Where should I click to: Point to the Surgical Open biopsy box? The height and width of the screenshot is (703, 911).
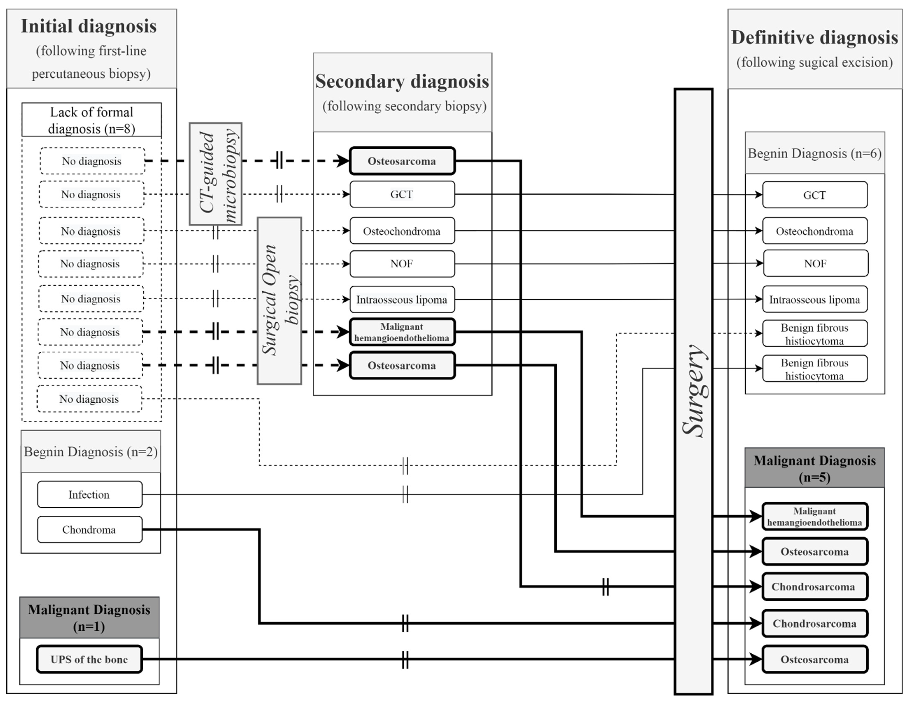pyautogui.click(x=279, y=300)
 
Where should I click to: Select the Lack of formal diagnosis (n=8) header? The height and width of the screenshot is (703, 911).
pyautogui.click(x=91, y=120)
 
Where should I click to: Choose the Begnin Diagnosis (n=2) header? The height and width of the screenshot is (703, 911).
pyautogui.click(x=91, y=452)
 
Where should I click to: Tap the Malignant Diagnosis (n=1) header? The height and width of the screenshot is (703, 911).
pyautogui.click(x=89, y=617)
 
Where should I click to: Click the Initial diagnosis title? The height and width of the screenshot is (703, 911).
pyautogui.click(x=89, y=26)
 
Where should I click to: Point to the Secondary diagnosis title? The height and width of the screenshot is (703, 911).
pyautogui.click(x=402, y=81)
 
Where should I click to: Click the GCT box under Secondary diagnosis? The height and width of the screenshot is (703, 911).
pyautogui.click(x=402, y=194)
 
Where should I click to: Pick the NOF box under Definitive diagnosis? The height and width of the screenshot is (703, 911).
pyautogui.click(x=816, y=263)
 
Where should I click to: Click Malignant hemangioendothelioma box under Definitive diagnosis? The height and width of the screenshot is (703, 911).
pyautogui.click(x=815, y=517)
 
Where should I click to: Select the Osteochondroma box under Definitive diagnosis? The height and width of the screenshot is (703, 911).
pyautogui.click(x=815, y=231)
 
